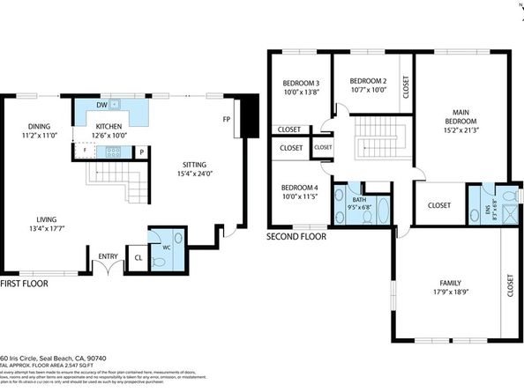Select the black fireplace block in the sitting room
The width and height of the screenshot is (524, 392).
pos(250,111)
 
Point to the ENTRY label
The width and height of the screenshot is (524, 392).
pos(108,256)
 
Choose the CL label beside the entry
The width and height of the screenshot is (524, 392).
pos(138,259)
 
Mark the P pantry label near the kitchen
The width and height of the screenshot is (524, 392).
pos(141,152)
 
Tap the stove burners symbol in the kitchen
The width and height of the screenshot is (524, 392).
pos(112,152)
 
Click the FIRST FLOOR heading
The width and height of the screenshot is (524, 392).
pos(24,285)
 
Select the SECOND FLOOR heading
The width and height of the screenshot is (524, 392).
pos(296,237)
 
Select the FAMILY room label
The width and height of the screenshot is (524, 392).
pos(449,284)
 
